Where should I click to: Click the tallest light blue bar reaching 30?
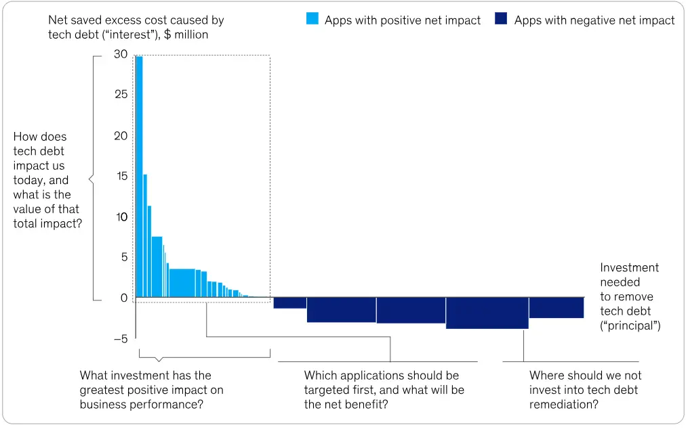(139, 176)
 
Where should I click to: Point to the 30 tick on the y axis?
(120, 54)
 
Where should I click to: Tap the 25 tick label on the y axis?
(120, 95)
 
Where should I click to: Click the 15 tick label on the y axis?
(120, 177)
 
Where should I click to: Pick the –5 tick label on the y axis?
(120, 339)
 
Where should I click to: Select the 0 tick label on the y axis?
(123, 298)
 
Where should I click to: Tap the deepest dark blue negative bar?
(487, 313)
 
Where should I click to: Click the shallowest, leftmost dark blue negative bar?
(289, 303)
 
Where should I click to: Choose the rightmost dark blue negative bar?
(556, 308)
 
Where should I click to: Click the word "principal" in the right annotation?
(630, 326)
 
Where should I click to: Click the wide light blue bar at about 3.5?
(182, 284)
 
